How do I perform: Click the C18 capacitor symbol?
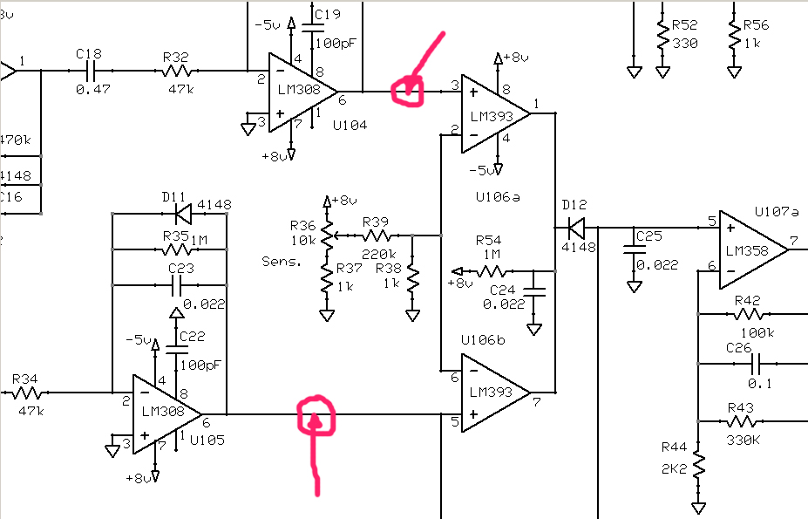tap(92, 71)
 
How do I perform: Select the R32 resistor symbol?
tap(176, 71)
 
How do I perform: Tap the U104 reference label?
tap(350, 125)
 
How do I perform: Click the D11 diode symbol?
tap(183, 213)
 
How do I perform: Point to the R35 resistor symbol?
tap(177, 249)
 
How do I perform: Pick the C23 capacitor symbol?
tap(177, 284)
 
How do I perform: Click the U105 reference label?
tap(207, 440)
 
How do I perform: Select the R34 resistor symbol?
tap(27, 393)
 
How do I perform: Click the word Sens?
tap(282, 262)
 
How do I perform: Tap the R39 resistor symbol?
tap(377, 236)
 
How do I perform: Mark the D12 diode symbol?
tap(576, 227)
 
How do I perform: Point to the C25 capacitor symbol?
tap(634, 249)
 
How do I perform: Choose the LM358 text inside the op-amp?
tap(747, 250)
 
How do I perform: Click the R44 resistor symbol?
tap(698, 465)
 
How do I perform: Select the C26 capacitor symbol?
tap(756, 364)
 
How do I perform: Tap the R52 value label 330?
tap(685, 44)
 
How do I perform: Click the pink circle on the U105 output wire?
tap(316, 416)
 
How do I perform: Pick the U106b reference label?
tap(483, 340)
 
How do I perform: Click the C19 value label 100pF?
tap(336, 44)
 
